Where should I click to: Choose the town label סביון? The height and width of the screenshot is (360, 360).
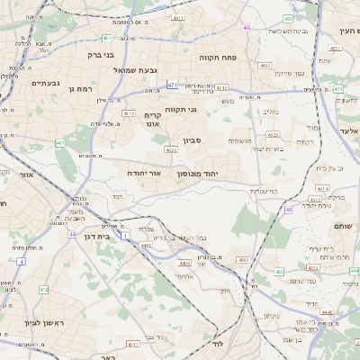coord(193,140)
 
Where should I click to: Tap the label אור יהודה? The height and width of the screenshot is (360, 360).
coord(143,171)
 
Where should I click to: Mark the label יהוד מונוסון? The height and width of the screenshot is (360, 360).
coord(198,171)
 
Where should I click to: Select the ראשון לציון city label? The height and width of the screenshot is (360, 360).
coord(35,322)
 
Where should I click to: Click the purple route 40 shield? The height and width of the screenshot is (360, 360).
coord(246,27)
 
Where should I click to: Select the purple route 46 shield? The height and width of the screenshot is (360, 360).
coord(289,209)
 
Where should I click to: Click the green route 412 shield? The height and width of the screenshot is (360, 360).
coord(44,290)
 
